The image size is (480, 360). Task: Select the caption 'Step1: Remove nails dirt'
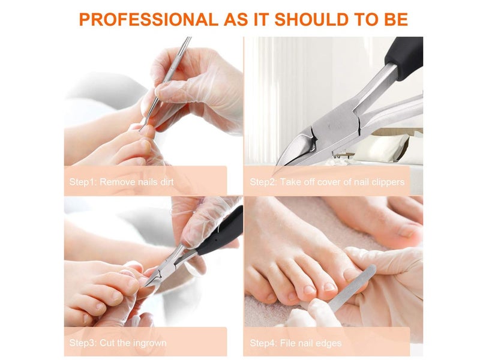pyautogui.click(x=122, y=182)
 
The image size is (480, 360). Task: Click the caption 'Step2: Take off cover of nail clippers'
pyautogui.click(x=327, y=182)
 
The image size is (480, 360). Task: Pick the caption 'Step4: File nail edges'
pyautogui.click(x=296, y=344)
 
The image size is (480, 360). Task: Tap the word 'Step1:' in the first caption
pyautogui.click(x=83, y=182)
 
